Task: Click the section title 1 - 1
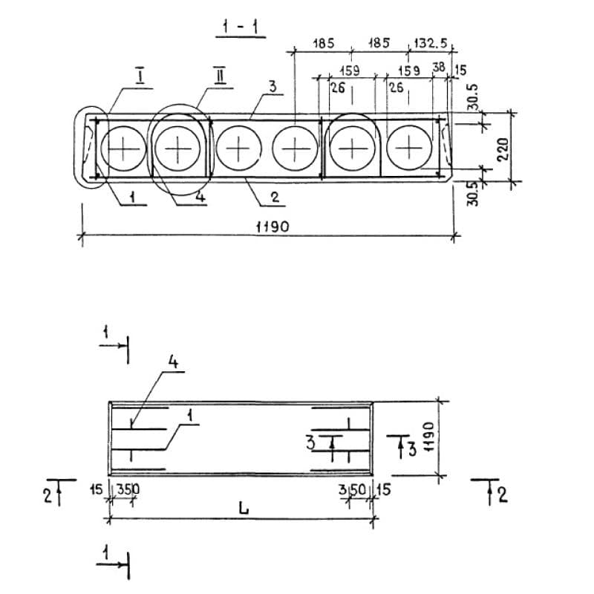coord(240,27)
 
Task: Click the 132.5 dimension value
coord(431,43)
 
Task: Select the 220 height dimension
coord(503,150)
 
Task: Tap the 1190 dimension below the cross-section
coord(272,227)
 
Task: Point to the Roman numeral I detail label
coord(140,76)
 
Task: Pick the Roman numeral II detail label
coord(219,76)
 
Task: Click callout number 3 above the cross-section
coord(272,87)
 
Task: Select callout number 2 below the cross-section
coord(275,197)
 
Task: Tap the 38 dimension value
coord(439,67)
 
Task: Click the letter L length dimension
coord(244,508)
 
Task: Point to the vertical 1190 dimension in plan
coord(428,437)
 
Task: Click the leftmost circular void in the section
coord(123,149)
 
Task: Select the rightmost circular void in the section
coord(409,148)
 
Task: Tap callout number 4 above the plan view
coord(173,362)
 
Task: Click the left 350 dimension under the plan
coord(128,489)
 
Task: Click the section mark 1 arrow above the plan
coord(114,345)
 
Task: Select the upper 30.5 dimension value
coord(473,97)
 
